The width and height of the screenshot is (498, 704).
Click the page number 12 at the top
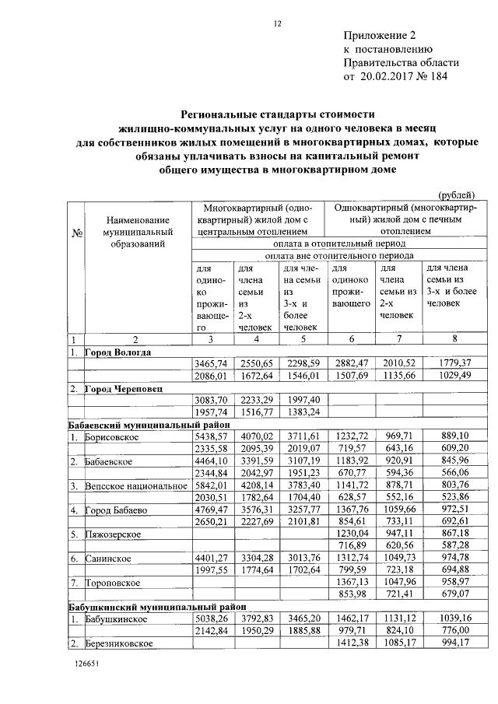[276, 24]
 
